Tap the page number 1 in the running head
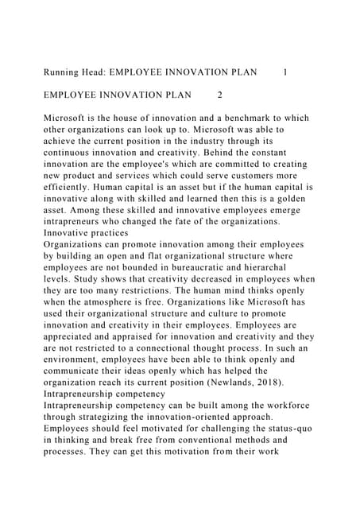tap(285, 72)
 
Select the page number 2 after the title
tap(219, 95)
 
